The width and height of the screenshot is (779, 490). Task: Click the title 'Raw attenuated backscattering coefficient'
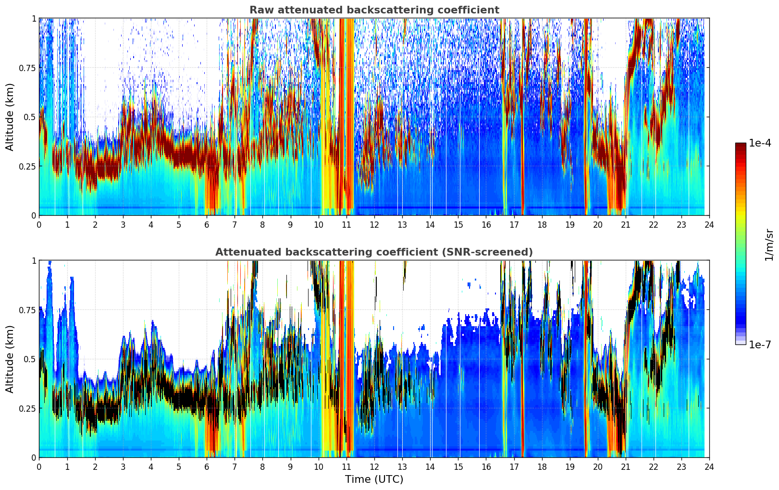[374, 10]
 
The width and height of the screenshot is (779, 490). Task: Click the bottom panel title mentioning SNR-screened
[374, 252]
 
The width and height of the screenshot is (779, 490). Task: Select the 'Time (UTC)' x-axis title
[374, 479]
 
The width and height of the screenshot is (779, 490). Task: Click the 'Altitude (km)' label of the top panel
[10, 117]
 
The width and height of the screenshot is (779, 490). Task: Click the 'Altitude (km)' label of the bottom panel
[10, 359]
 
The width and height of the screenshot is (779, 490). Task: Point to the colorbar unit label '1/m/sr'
[769, 245]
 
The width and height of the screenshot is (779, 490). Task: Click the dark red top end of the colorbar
[741, 145]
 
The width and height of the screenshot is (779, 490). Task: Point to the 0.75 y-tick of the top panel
[28, 68]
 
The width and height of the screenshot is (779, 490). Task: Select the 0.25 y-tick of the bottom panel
[28, 408]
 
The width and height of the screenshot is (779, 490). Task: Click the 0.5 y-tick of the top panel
[30, 117]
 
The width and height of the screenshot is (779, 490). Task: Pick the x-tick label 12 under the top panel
[374, 224]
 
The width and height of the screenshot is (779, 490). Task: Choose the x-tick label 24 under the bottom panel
[709, 466]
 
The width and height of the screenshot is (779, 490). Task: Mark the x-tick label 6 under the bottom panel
[207, 466]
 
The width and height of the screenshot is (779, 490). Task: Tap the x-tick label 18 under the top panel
[542, 224]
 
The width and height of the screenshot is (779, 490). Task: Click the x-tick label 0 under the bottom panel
[39, 466]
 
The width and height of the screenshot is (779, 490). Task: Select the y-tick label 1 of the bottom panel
[34, 261]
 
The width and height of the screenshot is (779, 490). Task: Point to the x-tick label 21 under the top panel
[625, 224]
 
